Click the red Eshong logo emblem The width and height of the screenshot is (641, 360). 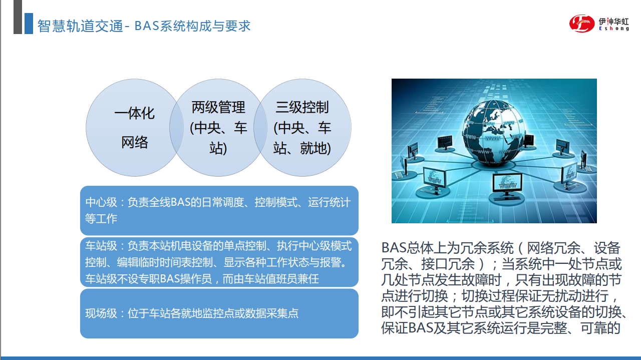582,23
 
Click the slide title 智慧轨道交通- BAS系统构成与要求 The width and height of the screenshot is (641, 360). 144,26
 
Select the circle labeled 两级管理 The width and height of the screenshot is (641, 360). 218,128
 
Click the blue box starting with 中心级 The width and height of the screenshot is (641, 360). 219,211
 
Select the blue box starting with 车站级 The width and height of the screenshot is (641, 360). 219,262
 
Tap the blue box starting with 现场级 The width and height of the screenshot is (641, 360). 219,313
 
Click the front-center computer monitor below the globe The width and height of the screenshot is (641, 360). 507,183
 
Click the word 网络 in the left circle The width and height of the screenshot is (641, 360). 135,142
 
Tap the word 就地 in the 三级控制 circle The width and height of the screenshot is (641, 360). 313,148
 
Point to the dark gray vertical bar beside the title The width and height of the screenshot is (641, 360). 18,17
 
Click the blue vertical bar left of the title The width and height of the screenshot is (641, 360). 29,24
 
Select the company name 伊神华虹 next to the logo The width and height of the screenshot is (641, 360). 614,22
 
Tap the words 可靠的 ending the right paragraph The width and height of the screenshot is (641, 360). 600,328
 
